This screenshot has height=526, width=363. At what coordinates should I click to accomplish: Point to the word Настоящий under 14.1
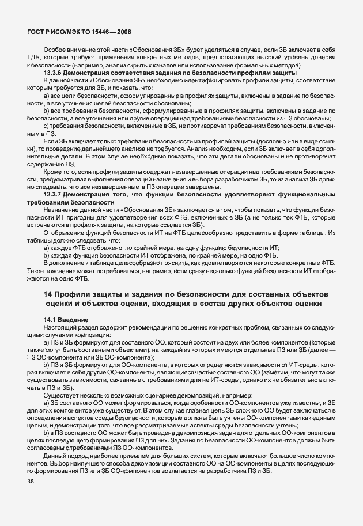pos(61,327)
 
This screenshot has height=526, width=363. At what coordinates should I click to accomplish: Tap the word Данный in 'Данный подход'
pos(55,457)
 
